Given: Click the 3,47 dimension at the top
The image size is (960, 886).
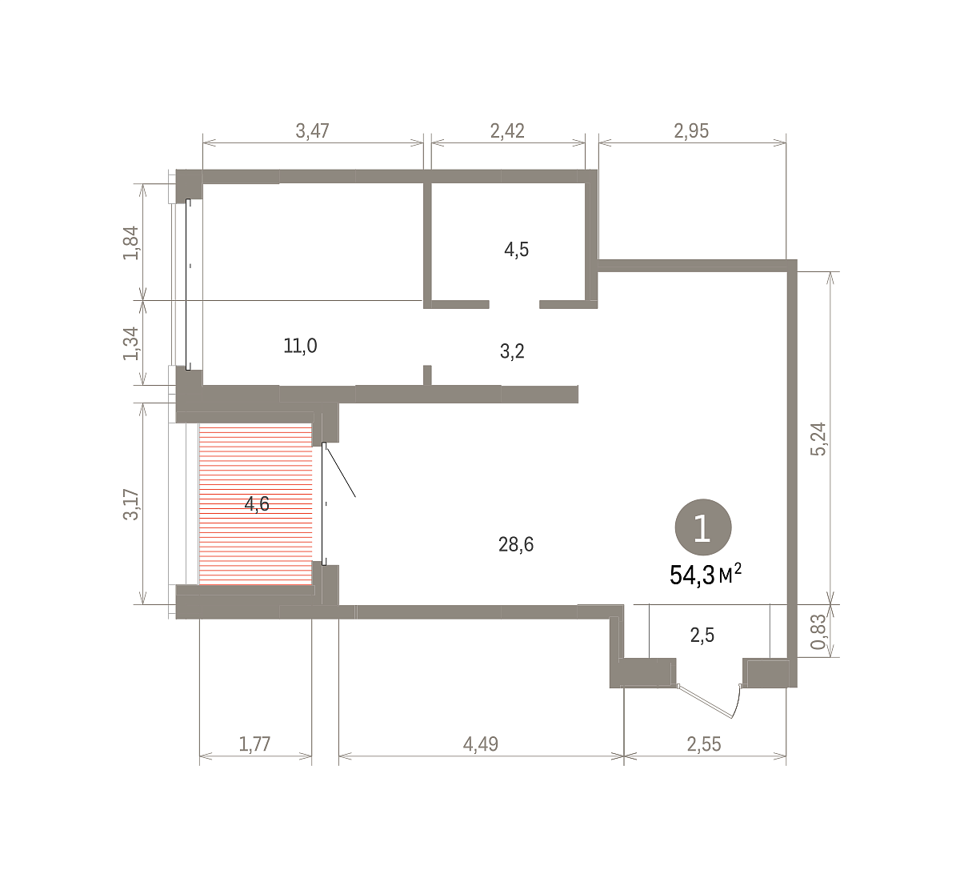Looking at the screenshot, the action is [x=312, y=130].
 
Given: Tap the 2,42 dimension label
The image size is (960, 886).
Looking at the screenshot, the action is [x=507, y=130].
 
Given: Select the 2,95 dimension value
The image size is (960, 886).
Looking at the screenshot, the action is [x=691, y=130].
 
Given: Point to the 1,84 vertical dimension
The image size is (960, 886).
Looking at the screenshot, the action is [x=130, y=243].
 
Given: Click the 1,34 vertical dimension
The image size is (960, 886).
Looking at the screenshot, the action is [x=130, y=343].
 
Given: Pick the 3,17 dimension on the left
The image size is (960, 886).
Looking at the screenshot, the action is [x=130, y=505].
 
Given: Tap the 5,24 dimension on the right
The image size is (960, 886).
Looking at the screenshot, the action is [x=818, y=439].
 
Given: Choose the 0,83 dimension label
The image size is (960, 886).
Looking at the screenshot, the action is [x=818, y=631].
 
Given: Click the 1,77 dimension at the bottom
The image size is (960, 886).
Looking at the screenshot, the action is [x=254, y=744].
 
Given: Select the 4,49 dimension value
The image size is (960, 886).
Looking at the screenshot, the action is [x=481, y=744].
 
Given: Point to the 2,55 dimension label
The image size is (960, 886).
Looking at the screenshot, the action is [x=704, y=744].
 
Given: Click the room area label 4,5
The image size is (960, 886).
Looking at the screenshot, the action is [x=516, y=250].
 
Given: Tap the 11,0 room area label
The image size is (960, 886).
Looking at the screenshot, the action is [x=300, y=346].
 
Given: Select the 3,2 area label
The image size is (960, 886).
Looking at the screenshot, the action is [x=512, y=351].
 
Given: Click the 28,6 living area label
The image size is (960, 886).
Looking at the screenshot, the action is [x=516, y=544].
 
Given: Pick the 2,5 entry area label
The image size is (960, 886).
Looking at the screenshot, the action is [x=702, y=635].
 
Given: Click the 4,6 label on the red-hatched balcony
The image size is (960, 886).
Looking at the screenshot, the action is [x=257, y=504].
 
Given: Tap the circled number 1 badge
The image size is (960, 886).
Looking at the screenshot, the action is [x=703, y=527].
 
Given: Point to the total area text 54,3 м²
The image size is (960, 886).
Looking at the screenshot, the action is [x=706, y=575].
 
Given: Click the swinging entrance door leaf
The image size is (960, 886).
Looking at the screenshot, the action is [x=706, y=701].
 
